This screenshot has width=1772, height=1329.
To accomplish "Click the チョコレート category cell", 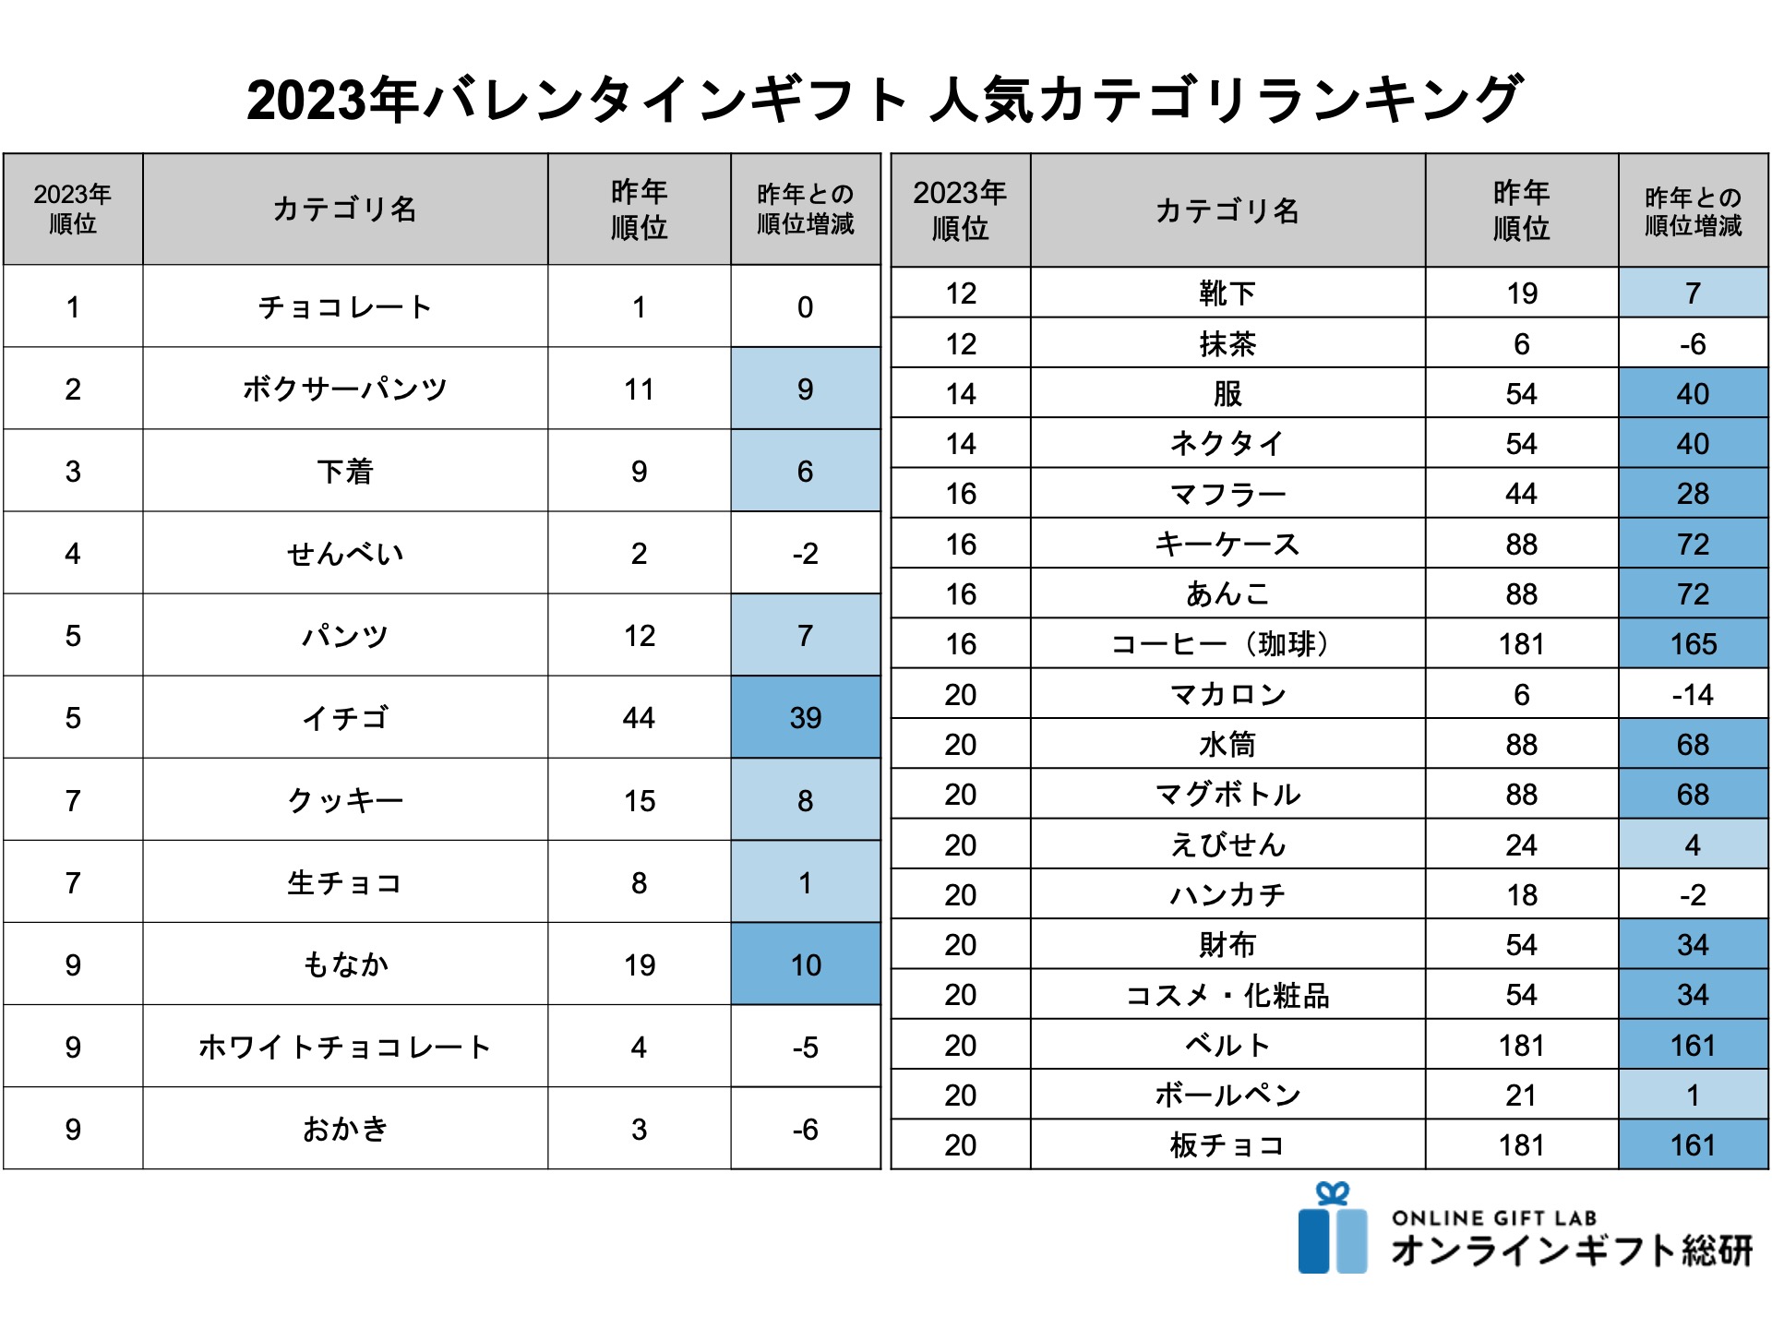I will tap(345, 307).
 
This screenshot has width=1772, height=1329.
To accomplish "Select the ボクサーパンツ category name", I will tap(345, 389).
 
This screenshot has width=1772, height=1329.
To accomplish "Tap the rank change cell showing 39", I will tap(805, 718).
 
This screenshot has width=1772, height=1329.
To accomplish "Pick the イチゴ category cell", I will tap(345, 718).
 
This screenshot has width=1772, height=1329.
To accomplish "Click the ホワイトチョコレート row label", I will tap(345, 1048).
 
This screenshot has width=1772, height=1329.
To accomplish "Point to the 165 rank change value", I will tap(1693, 644).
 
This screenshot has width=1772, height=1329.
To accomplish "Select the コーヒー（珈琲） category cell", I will tap(1227, 644).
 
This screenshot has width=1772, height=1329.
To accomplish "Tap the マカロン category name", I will tap(1227, 694).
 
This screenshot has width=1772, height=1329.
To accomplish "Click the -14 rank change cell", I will tap(1693, 694).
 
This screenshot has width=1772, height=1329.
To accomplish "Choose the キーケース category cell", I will tap(1227, 545).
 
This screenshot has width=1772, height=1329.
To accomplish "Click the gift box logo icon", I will tap(1332, 1229).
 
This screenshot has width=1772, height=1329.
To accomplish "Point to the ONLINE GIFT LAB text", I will tap(1494, 1218).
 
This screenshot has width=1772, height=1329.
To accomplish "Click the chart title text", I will tap(884, 100).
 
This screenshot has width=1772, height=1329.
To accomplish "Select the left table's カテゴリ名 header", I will tap(345, 210).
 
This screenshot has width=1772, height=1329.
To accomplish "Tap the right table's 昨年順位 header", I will tap(1521, 210).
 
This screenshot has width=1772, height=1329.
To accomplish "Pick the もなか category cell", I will tap(345, 965).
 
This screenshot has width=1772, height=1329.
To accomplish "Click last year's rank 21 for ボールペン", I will tap(1521, 1096).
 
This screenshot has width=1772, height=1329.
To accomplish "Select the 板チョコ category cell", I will tap(1227, 1145).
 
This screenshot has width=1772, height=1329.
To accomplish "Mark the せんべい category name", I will tap(345, 554).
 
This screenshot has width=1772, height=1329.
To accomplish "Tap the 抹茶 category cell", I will tap(1227, 344).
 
